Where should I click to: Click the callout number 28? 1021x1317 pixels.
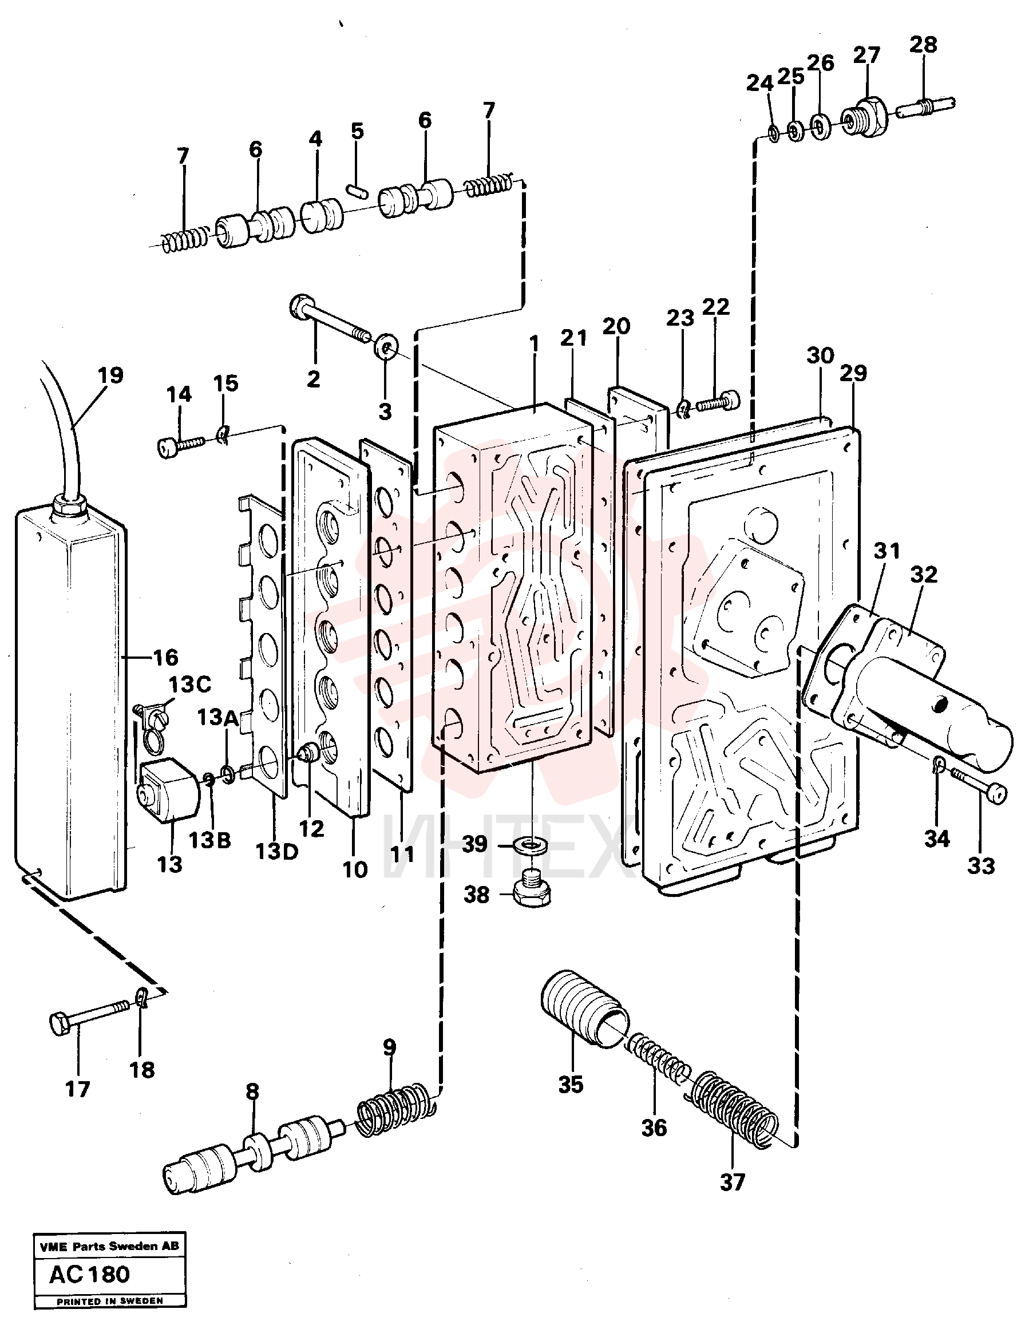coord(923,45)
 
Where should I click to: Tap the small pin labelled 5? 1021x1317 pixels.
coord(358,188)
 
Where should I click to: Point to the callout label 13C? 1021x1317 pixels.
coord(190,685)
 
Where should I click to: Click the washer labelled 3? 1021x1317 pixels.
coord(385,347)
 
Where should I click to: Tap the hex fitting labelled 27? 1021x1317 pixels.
coord(865,117)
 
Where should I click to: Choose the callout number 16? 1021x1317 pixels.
coord(166,656)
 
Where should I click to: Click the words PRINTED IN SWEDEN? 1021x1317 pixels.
coord(110,1301)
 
